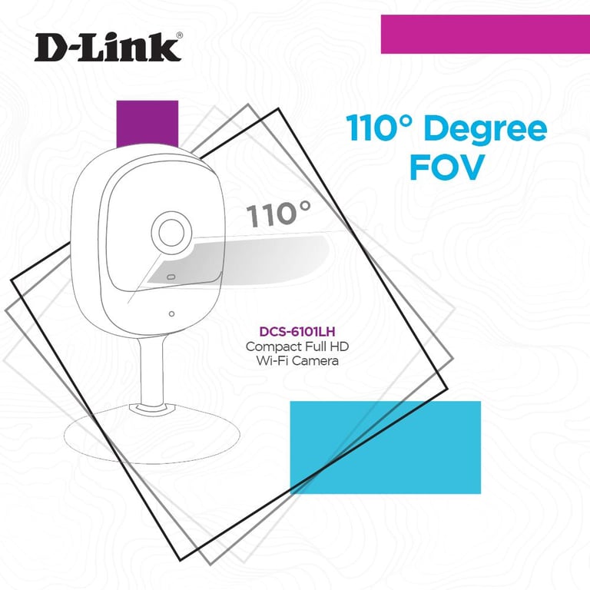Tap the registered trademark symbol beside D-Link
pyautogui.click(x=180, y=35)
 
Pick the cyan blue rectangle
pyautogui.click(x=385, y=447)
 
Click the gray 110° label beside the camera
pyautogui.click(x=280, y=214)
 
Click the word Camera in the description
pyautogui.click(x=315, y=360)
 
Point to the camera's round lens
pyautogui.click(x=171, y=231)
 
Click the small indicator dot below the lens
pyautogui.click(x=171, y=313)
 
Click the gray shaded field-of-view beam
pyautogui.click(x=254, y=257)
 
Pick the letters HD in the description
pyautogui.click(x=337, y=346)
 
